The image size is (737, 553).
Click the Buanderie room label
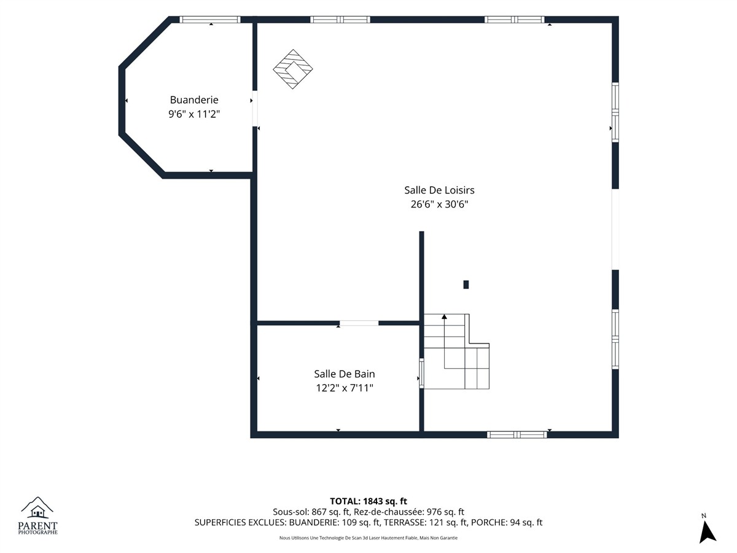point(194,100)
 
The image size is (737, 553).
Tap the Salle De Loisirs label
point(439,190)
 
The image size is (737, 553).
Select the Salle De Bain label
point(345,374)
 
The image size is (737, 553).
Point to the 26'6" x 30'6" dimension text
point(439,204)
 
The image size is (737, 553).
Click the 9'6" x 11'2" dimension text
point(194,114)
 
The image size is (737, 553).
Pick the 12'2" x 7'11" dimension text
point(345,388)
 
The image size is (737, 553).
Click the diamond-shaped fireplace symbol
point(293,69)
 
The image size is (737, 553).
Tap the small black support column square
point(466,284)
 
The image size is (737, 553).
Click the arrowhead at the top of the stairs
point(444,316)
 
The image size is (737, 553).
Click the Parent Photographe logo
point(37,516)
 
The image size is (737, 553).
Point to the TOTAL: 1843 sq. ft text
point(368,501)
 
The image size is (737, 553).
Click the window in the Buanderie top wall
point(210,20)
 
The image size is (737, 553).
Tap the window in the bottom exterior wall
point(517,435)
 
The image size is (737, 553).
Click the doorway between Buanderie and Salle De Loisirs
point(255,109)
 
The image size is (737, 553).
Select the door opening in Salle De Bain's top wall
point(359,323)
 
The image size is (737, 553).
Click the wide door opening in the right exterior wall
point(615,229)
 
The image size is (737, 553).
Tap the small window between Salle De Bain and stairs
point(421,374)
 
